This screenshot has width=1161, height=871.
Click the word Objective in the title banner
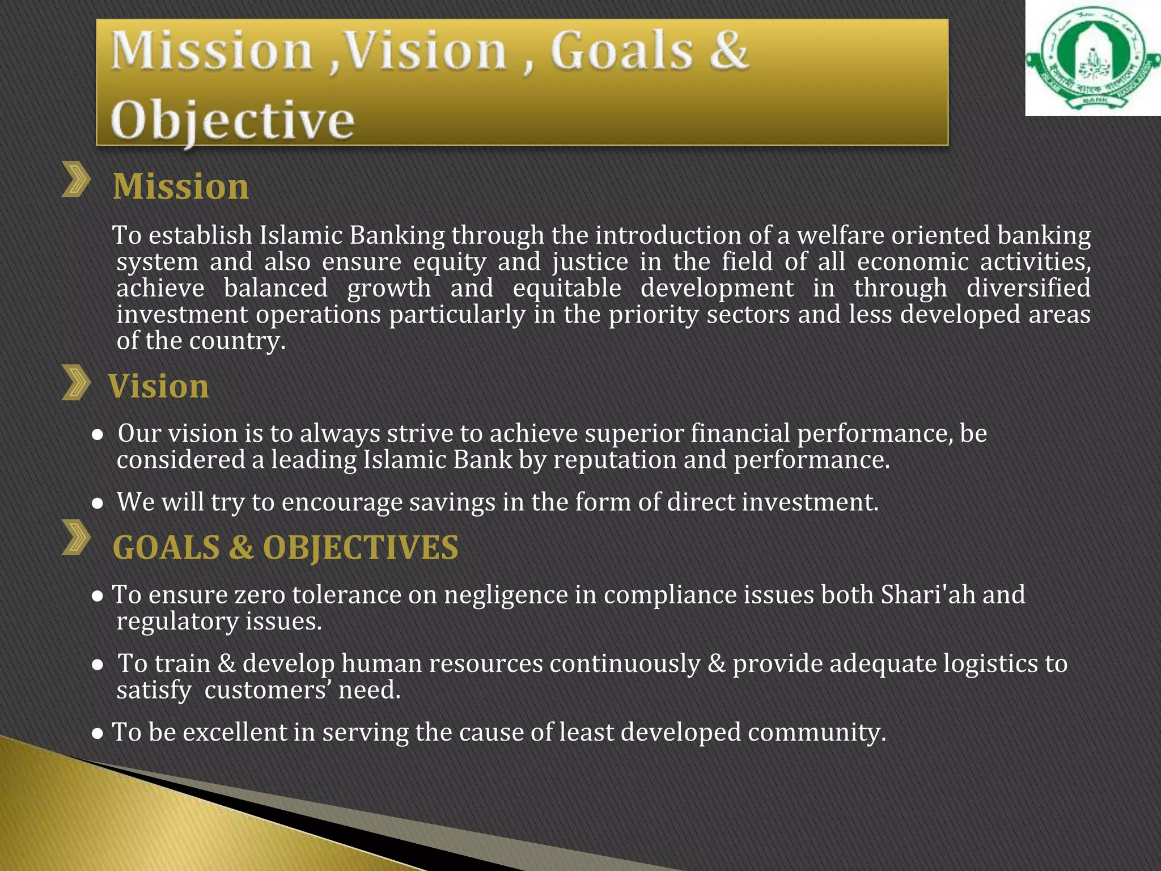tap(232, 120)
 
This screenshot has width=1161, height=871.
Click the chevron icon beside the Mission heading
tap(77, 180)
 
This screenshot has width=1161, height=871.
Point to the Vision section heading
tap(159, 386)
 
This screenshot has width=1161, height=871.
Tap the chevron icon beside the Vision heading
tap(77, 383)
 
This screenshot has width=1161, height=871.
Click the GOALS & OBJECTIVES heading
tap(285, 548)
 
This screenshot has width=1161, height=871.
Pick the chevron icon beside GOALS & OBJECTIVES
tap(77, 537)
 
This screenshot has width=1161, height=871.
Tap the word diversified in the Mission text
tap(1028, 288)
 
